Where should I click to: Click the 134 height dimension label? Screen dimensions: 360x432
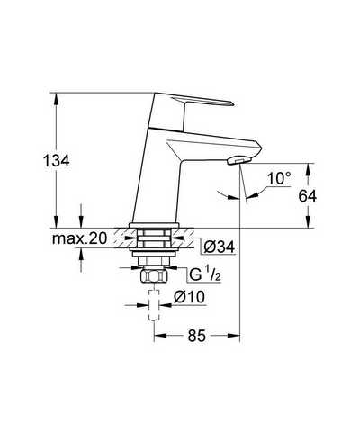[57, 161]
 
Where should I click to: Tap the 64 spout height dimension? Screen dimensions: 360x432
[308, 196]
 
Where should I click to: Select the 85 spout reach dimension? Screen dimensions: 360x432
[197, 336]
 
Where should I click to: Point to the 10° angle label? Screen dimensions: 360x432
[279, 178]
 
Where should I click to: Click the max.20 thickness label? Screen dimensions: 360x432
[79, 238]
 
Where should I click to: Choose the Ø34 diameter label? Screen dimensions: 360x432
[219, 247]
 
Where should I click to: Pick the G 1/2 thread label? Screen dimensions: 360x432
[205, 274]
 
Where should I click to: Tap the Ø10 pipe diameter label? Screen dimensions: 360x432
[189, 297]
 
